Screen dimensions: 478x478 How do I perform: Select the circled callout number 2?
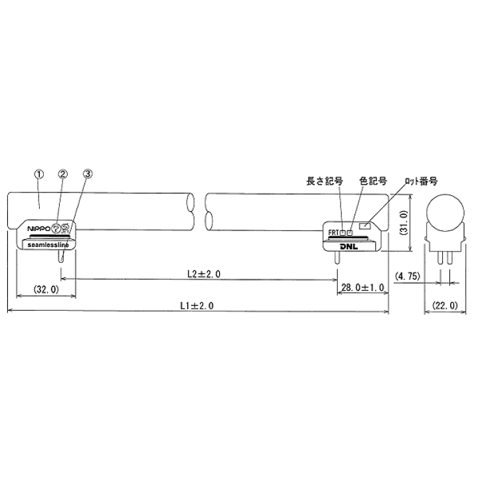tap(62, 174)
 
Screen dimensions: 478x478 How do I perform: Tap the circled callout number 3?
tap(88, 174)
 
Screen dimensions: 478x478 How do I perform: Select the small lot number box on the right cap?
tap(364, 226)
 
